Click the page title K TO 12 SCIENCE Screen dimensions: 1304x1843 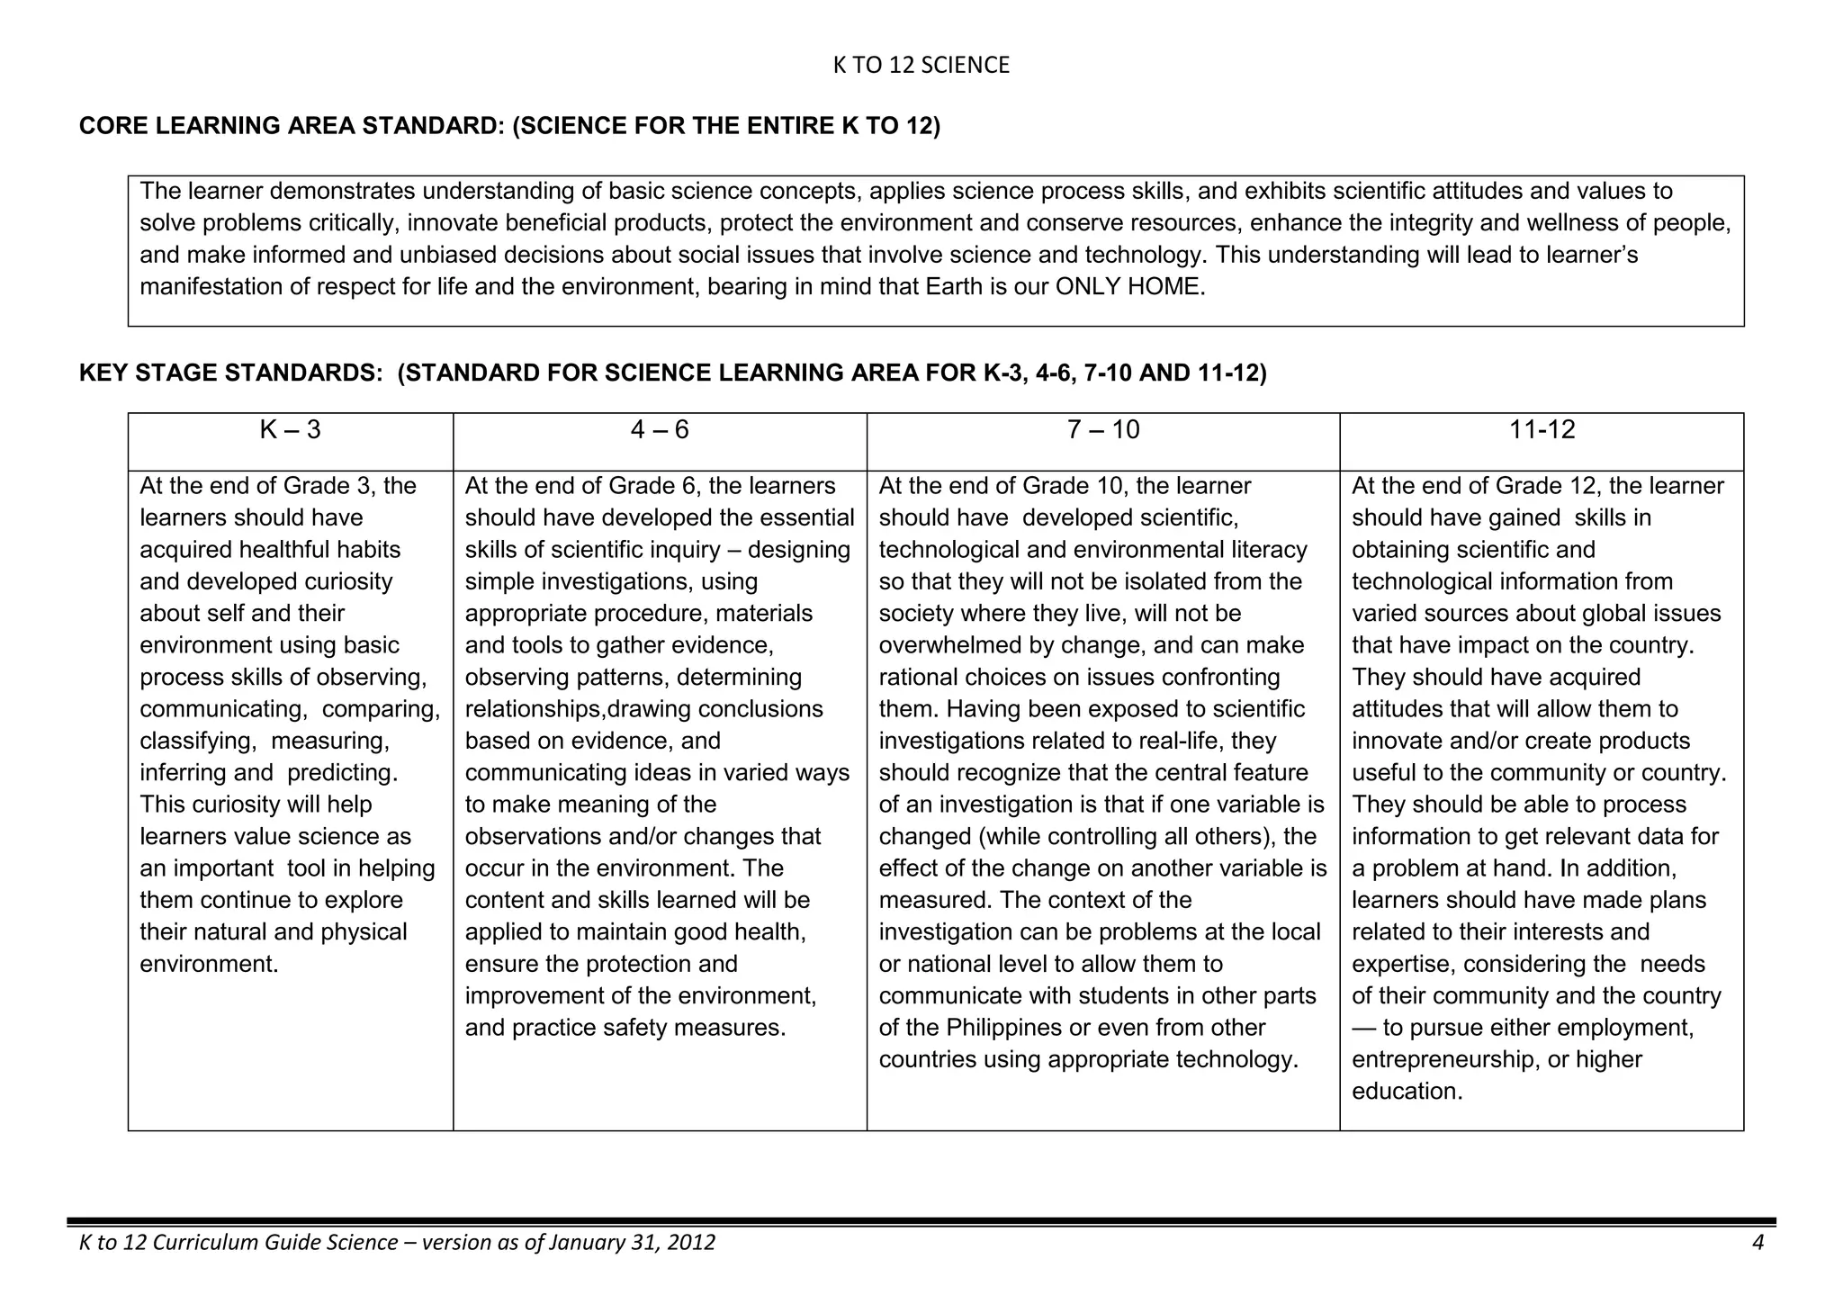coord(921,66)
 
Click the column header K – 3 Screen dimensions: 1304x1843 coord(290,430)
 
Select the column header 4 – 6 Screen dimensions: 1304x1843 coord(660,430)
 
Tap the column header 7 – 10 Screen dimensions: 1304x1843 coord(1102,430)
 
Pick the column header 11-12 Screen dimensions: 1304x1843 coord(1542,430)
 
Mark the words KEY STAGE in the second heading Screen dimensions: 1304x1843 coord(149,373)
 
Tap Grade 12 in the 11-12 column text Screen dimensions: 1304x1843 coord(1548,486)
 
